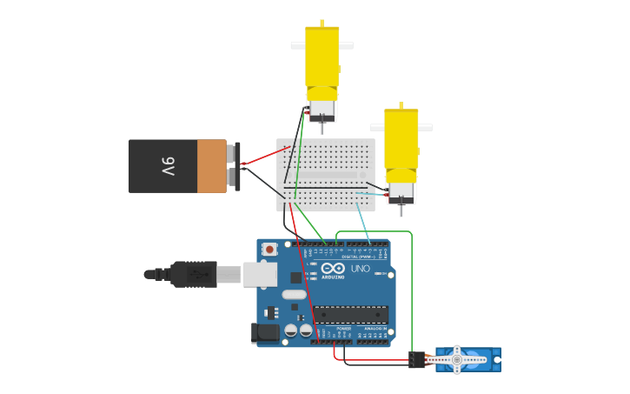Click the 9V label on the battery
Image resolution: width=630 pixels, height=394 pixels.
(x=168, y=166)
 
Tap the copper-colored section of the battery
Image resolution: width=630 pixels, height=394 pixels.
(x=211, y=166)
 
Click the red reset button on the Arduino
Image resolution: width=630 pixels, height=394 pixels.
(x=270, y=250)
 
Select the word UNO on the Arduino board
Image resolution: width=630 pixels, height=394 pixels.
(x=360, y=270)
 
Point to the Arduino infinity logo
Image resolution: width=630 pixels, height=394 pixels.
(x=333, y=269)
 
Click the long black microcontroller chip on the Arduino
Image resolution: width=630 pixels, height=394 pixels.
(x=350, y=315)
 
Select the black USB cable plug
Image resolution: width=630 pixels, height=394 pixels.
(x=193, y=274)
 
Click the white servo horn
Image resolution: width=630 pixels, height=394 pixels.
(x=458, y=358)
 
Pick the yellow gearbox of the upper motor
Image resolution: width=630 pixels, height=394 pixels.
(x=322, y=61)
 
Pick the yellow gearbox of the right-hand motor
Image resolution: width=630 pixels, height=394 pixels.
(x=401, y=144)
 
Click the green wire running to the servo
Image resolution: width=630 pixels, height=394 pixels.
(x=411, y=287)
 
